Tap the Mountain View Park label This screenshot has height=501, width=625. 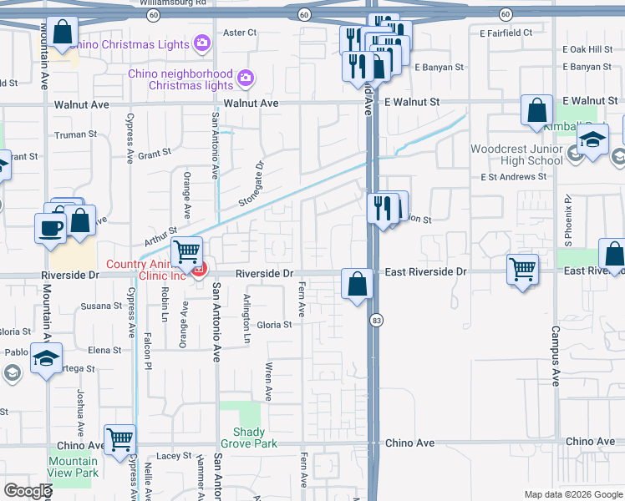(x=73, y=467)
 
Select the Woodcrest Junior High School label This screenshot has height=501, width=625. (x=516, y=154)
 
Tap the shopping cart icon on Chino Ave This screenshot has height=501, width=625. (x=119, y=438)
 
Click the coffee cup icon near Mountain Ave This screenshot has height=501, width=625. (x=50, y=227)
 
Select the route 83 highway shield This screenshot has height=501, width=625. (x=378, y=320)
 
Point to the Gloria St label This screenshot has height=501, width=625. (x=274, y=325)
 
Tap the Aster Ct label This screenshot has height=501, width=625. (x=240, y=33)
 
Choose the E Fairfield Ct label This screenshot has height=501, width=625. (x=506, y=33)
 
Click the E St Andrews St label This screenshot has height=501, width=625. (x=513, y=177)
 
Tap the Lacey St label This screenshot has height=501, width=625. (x=174, y=456)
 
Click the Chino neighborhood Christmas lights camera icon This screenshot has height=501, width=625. (x=245, y=79)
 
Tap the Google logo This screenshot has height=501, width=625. (x=28, y=491)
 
